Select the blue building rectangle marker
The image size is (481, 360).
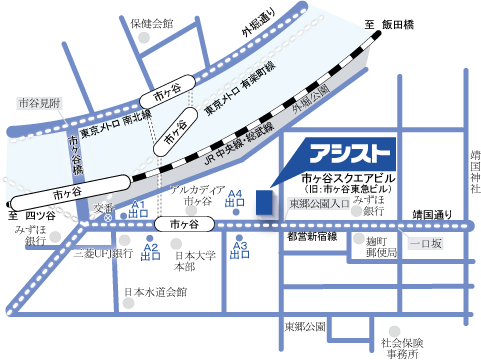click(x=264, y=199)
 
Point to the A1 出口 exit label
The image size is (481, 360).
click(x=139, y=209)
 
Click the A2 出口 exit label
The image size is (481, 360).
click(x=151, y=251)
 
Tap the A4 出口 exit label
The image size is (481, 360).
click(x=236, y=198)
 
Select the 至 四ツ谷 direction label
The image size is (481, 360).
click(x=29, y=214)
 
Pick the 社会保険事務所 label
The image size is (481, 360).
click(x=398, y=346)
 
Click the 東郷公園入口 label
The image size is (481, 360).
click(x=318, y=205)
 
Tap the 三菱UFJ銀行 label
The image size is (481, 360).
click(x=103, y=254)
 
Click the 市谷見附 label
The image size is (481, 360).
click(x=40, y=102)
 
